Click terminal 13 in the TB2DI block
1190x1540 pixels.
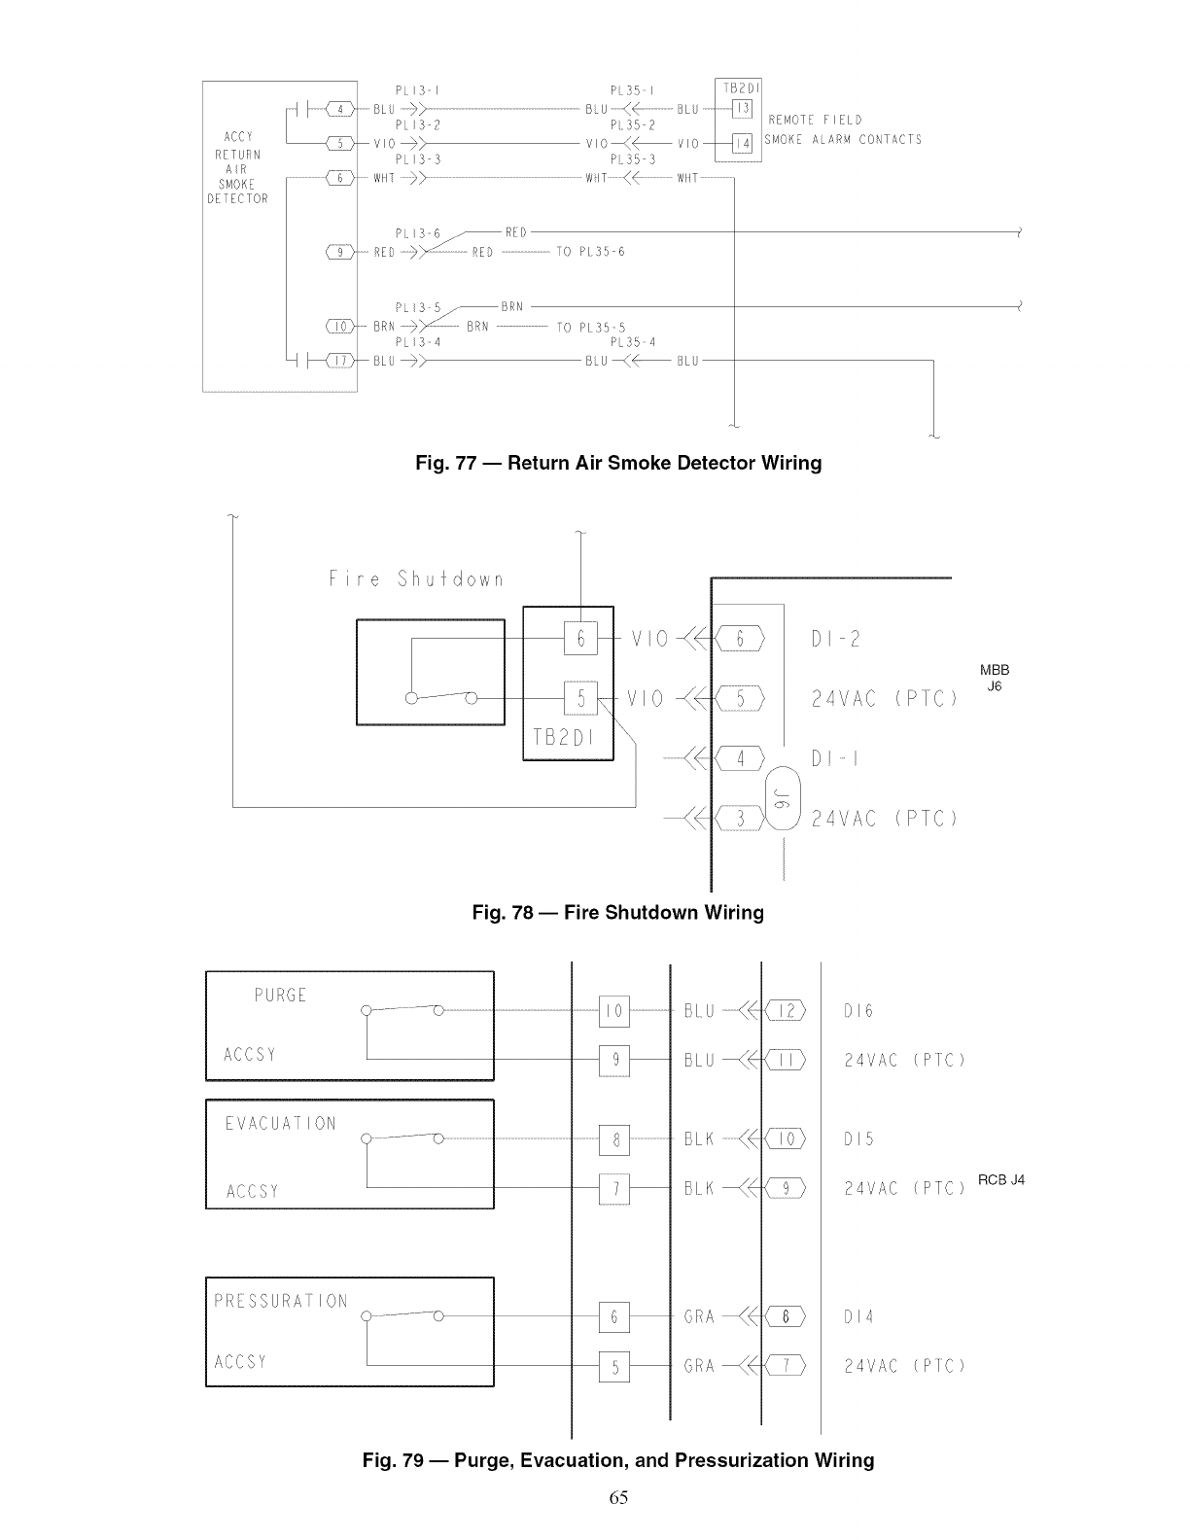point(742,109)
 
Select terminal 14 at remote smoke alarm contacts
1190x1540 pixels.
point(742,144)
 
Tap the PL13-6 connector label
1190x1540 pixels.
point(418,234)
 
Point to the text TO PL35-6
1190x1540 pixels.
point(590,252)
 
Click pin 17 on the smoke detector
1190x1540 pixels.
point(340,361)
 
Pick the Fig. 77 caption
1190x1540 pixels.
point(618,463)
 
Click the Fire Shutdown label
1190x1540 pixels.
point(416,580)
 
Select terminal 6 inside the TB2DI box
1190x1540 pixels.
point(580,639)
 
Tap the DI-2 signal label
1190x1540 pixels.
point(835,639)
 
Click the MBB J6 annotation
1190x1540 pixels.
point(995,678)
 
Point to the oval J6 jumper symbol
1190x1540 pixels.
point(783,799)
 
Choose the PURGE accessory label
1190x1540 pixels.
point(280,996)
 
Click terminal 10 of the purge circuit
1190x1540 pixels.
point(613,1011)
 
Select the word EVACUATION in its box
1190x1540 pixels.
point(280,1124)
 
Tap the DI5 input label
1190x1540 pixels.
point(858,1138)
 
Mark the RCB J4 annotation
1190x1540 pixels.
point(1001,1180)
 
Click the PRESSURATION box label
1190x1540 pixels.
point(280,1301)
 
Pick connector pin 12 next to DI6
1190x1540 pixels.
point(787,1011)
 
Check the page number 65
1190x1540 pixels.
point(618,1497)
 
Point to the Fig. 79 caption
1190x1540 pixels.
point(618,1460)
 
